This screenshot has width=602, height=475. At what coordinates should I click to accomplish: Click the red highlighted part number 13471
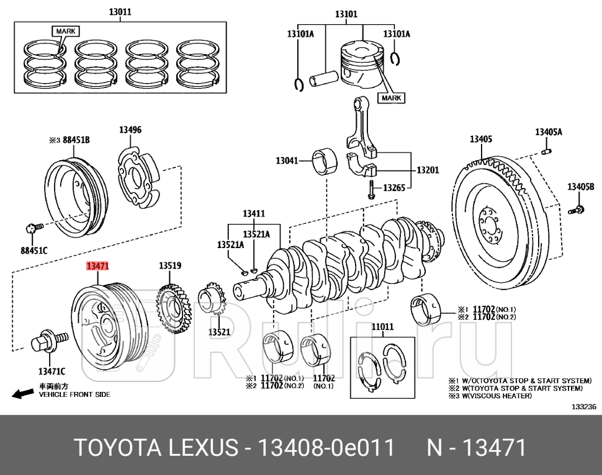pyautogui.click(x=98, y=266)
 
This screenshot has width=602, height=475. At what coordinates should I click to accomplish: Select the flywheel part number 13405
pyautogui.click(x=481, y=140)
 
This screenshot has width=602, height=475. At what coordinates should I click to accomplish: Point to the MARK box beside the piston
pyautogui.click(x=391, y=98)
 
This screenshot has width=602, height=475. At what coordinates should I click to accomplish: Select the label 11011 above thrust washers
pyautogui.click(x=382, y=326)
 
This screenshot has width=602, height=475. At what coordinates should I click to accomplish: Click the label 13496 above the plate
pyautogui.click(x=130, y=130)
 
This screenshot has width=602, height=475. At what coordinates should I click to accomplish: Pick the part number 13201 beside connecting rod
pyautogui.click(x=427, y=169)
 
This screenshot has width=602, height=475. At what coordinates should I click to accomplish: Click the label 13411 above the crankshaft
pyautogui.click(x=253, y=214)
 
